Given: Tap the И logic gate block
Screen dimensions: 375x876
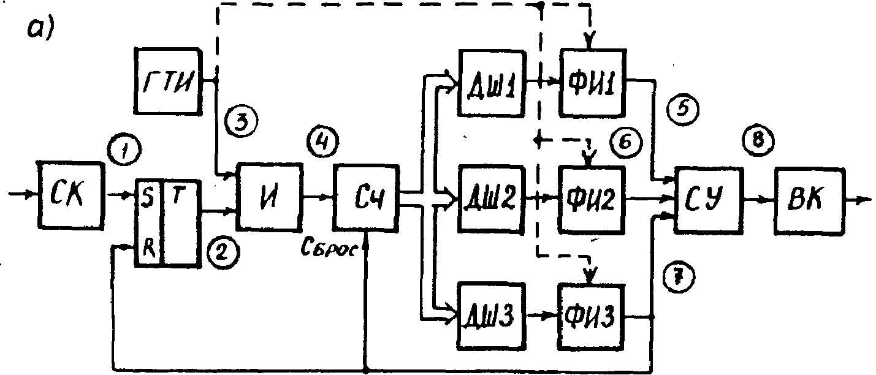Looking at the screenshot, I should tap(270, 196).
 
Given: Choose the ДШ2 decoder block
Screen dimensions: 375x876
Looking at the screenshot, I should tap(492, 199).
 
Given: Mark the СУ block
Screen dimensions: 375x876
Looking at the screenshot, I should tap(706, 199).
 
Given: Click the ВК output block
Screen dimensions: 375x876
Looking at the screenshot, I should tap(809, 200).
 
